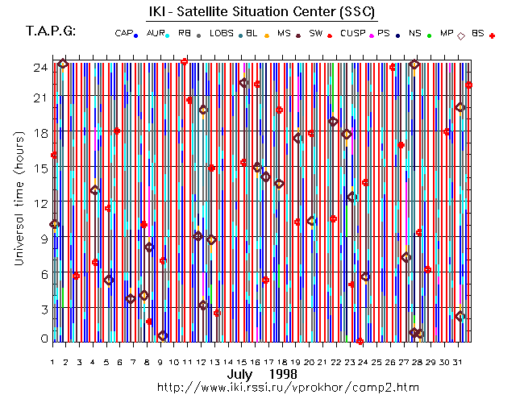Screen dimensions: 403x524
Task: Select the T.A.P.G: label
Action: tap(51, 31)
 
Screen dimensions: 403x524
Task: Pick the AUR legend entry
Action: tap(159, 33)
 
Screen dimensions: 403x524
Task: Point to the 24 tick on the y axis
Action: tap(40, 68)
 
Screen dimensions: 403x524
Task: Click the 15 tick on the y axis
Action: tap(40, 168)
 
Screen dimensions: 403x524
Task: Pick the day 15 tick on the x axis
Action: tap(243, 362)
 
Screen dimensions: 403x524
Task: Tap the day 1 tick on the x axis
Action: tap(52, 362)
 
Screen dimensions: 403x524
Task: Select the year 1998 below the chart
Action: tap(282, 375)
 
